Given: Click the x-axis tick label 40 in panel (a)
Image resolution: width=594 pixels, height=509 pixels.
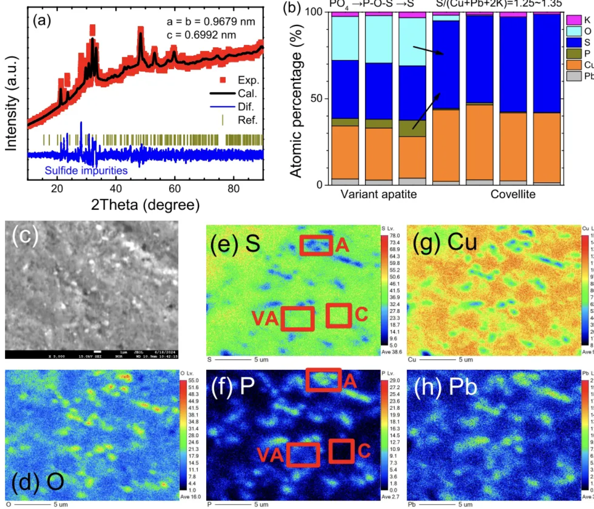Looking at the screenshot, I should coord(116,189).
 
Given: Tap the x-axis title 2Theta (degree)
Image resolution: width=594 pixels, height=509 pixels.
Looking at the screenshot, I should coord(145,204).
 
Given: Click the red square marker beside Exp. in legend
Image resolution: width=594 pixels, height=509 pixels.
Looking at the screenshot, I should coord(223,80).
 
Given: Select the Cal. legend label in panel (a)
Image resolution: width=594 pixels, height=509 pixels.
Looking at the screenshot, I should coord(247,93).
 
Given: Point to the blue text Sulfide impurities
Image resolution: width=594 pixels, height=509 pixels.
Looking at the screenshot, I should coord(86,171).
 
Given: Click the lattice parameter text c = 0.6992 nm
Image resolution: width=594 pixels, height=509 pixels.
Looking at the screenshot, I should coord(201,35).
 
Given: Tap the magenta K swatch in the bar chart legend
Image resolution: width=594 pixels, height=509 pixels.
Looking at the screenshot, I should coord(574,20).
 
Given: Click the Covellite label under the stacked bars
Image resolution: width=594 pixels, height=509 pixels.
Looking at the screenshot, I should coord(513,194).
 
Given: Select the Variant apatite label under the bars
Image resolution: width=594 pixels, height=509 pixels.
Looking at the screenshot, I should coord(378,194).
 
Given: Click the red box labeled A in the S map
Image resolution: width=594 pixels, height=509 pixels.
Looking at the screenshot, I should coord(316,245).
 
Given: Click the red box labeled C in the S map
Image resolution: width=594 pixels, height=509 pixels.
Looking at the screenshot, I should coord(338,315).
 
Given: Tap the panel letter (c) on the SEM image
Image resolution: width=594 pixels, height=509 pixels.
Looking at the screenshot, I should coord(25,236).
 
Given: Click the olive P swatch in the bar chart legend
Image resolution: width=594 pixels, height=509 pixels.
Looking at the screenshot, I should coord(574,54).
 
